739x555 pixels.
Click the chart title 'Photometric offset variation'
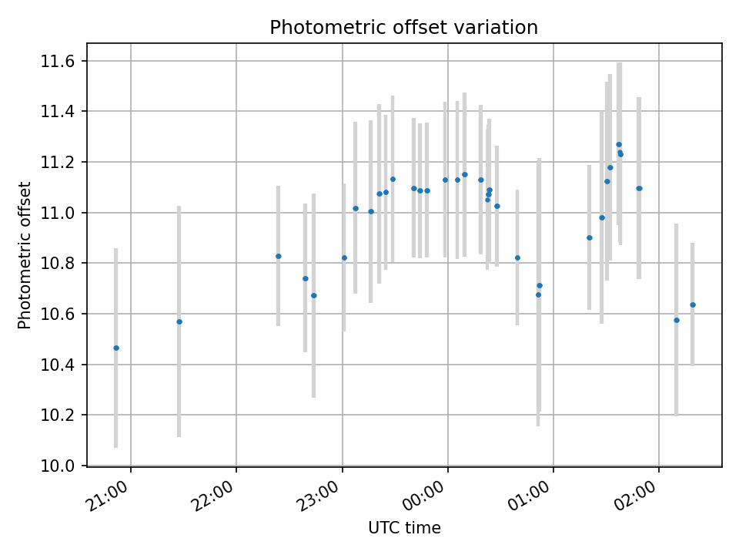pyautogui.click(x=403, y=28)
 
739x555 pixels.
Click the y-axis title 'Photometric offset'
pyautogui.click(x=25, y=255)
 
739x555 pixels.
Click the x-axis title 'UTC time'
pyautogui.click(x=404, y=528)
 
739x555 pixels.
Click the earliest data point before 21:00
pyautogui.click(x=116, y=348)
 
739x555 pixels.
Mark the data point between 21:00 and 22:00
pyautogui.click(x=179, y=321)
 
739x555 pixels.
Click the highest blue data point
pyautogui.click(x=618, y=144)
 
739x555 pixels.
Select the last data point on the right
pyautogui.click(x=693, y=304)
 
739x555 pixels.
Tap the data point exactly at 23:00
pyautogui.click(x=344, y=257)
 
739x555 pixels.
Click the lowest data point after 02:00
pyautogui.click(x=677, y=320)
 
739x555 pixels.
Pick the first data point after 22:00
pyautogui.click(x=279, y=256)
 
